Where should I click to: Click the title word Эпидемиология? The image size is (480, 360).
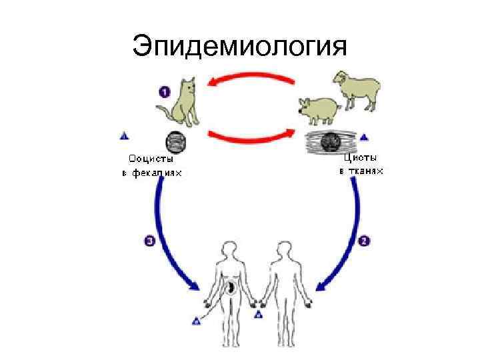pos(240,47)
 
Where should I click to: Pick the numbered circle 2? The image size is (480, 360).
pos(364,241)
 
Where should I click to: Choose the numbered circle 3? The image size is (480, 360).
pos(149,242)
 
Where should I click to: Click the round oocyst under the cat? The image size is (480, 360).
pos(176,142)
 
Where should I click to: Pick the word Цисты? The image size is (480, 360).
pos(360,158)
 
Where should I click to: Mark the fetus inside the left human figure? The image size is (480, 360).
pos(230,288)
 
